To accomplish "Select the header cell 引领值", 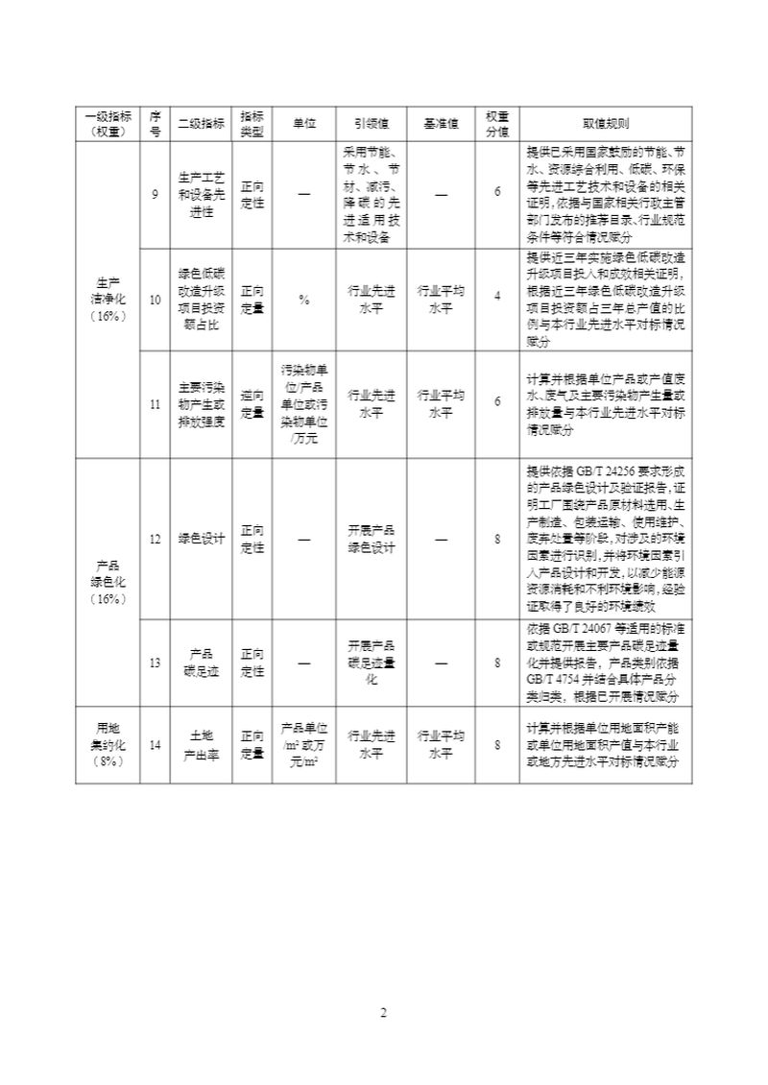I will (371, 124).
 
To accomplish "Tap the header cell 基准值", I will (441, 124).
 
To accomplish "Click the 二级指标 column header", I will (202, 124).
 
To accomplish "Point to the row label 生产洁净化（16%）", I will (108, 298).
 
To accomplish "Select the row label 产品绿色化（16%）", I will (108, 581).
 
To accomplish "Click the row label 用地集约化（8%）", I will (108, 745).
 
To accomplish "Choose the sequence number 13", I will (156, 663).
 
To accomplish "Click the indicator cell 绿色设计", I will (202, 539).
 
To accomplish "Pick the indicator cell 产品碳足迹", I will (202, 663).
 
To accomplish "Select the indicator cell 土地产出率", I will (202, 745).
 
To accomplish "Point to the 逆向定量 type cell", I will (252, 404).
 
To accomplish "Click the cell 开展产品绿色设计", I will (371, 539).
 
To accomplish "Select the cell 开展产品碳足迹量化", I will (371, 663).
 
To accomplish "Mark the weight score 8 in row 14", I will (497, 745).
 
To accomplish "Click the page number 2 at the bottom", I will (383, 1013).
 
